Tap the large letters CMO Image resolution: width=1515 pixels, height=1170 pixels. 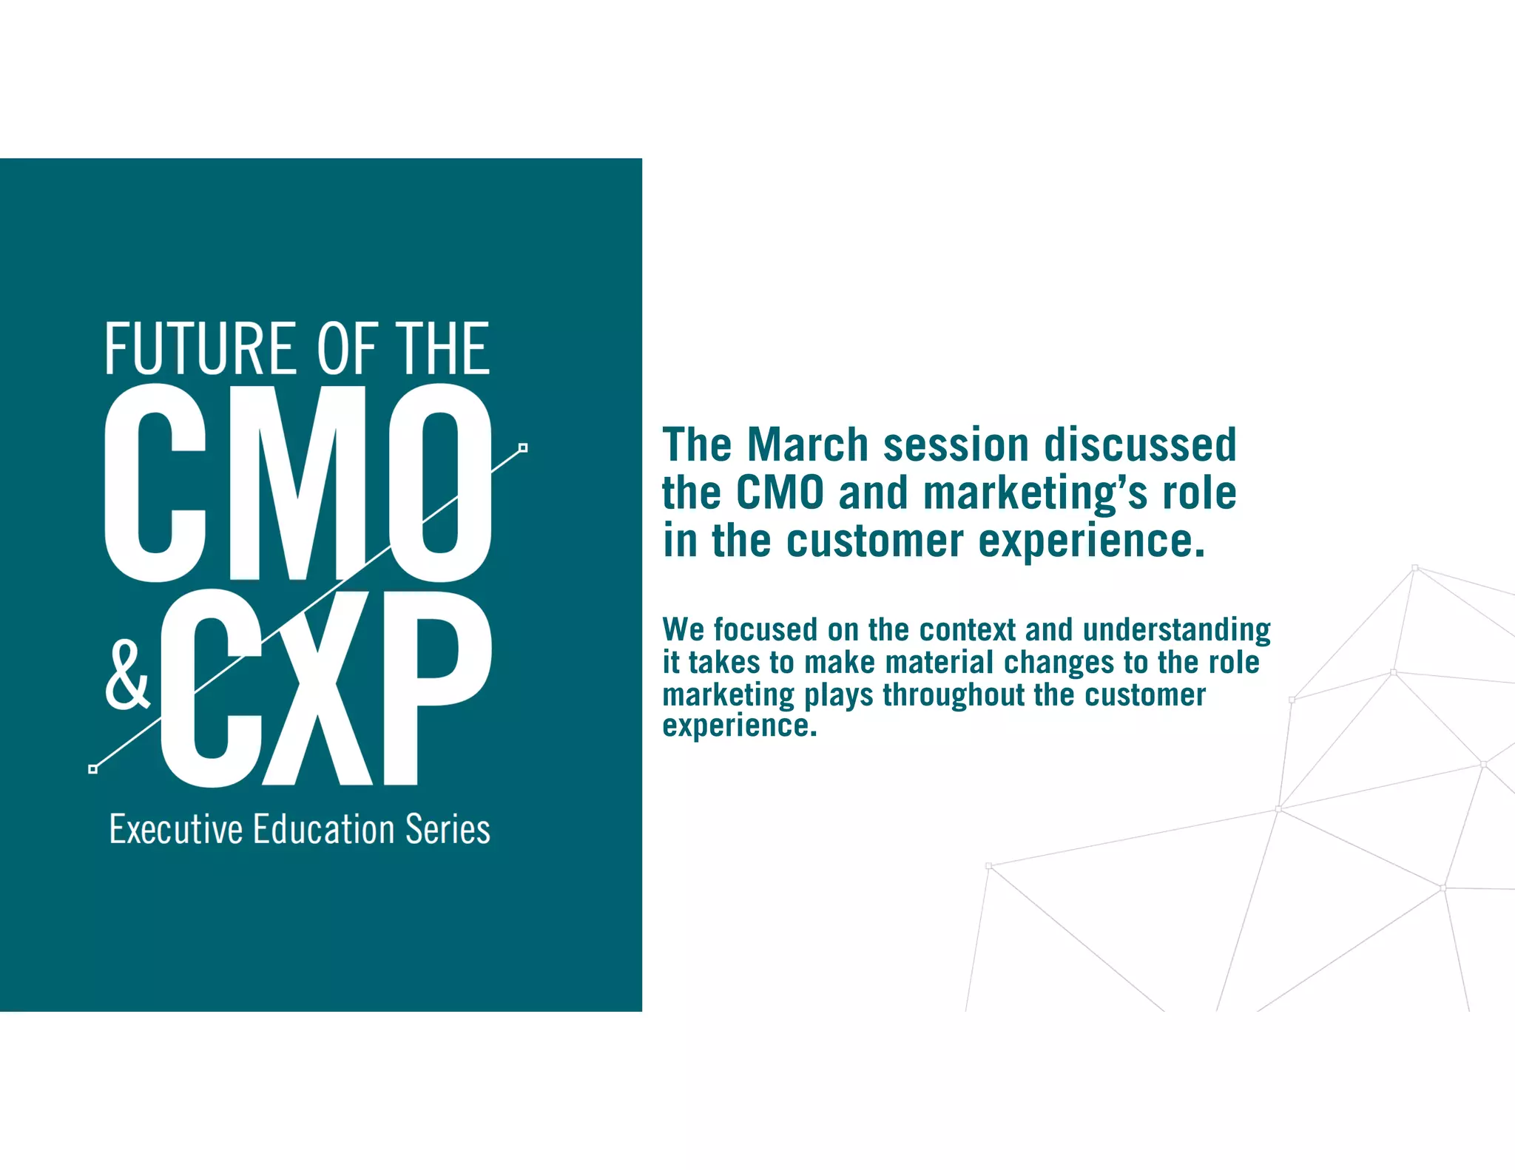click(x=298, y=482)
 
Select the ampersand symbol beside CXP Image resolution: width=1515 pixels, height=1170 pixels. click(x=127, y=675)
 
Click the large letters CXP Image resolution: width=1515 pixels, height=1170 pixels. click(x=325, y=688)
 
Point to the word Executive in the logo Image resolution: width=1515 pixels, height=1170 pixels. click(x=175, y=829)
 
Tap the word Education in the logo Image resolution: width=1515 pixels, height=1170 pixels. click(x=324, y=829)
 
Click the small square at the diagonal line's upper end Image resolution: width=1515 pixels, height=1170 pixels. click(x=523, y=447)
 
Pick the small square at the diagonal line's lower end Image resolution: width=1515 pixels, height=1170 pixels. click(x=92, y=769)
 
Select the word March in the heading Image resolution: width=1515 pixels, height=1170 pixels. click(x=807, y=444)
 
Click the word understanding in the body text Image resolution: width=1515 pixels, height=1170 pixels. click(x=1176, y=631)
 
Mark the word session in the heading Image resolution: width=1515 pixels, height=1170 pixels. click(x=956, y=444)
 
